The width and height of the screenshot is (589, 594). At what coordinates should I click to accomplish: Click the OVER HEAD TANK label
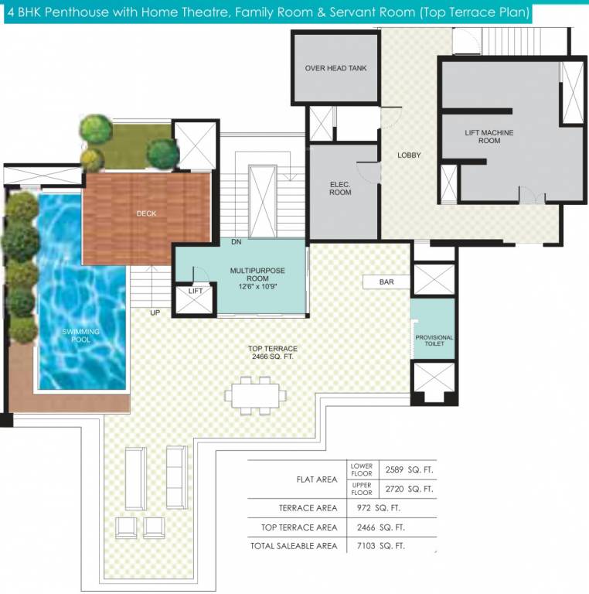point(335,68)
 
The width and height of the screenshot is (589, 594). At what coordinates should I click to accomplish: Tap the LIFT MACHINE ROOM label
point(489,137)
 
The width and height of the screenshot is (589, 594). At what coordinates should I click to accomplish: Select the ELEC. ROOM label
point(340,188)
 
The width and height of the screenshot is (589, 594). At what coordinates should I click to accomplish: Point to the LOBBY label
point(409,155)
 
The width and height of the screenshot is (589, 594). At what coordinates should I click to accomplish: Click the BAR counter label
point(386,282)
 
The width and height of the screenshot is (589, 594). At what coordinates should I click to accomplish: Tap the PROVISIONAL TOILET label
point(434,342)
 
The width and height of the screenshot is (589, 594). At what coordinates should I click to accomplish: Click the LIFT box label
point(195,292)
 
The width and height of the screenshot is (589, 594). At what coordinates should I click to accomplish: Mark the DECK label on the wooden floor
point(147,213)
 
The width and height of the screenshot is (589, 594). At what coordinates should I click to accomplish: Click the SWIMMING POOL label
point(80,336)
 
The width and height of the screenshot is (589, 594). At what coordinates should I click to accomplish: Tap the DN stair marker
point(237,242)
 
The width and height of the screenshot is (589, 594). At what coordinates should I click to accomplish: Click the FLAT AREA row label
point(317,480)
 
